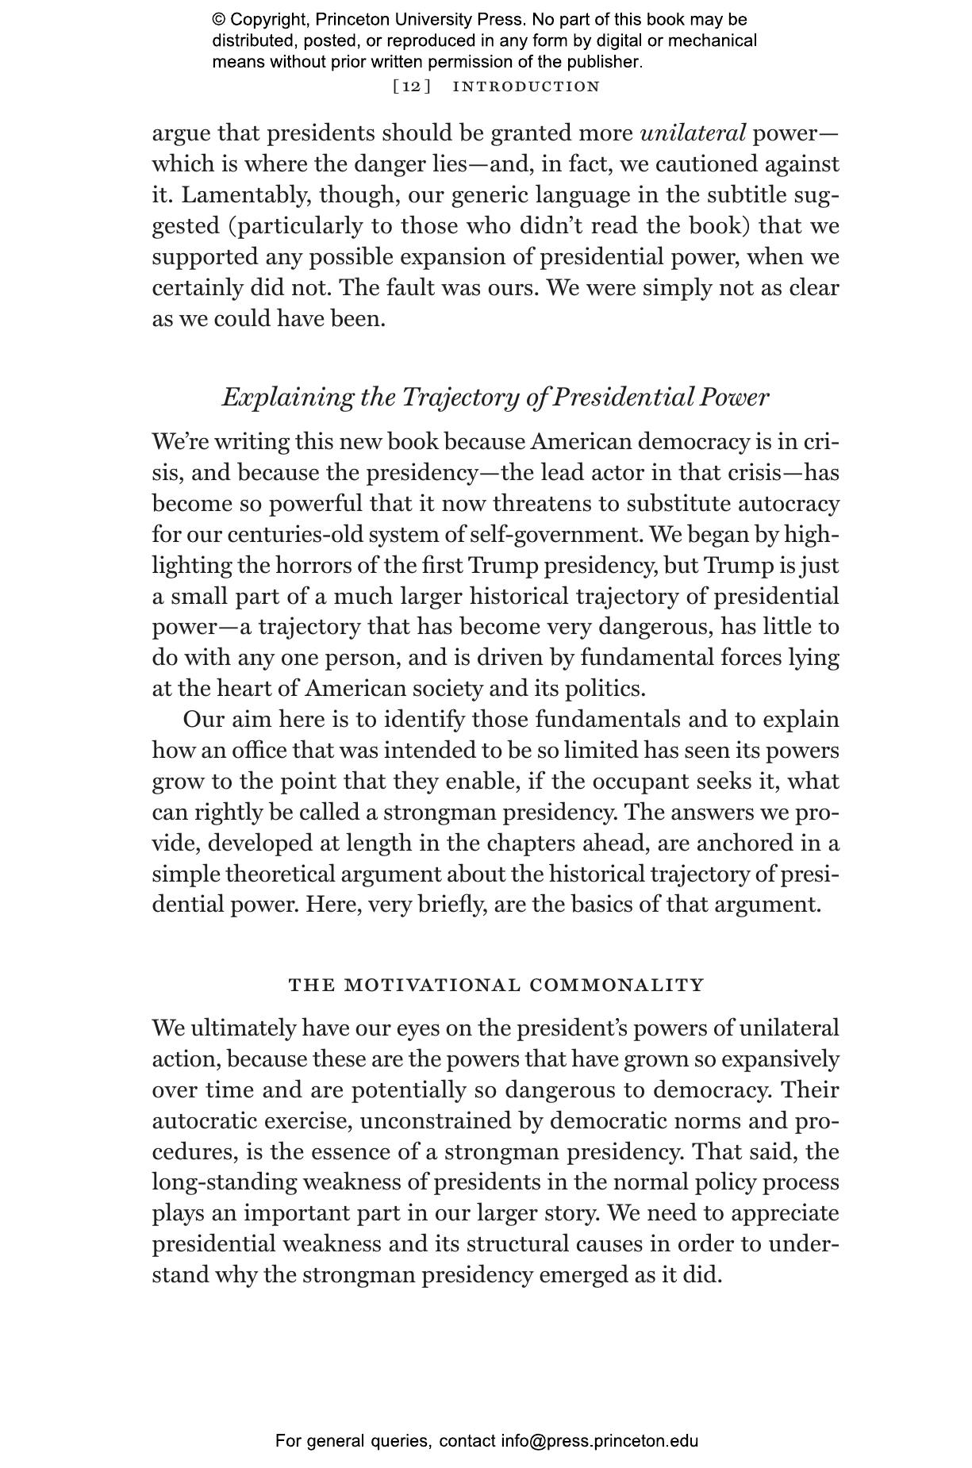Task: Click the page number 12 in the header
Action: point(412,86)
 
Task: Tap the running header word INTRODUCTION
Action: point(526,86)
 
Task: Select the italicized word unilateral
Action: point(693,133)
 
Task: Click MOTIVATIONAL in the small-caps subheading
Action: point(433,986)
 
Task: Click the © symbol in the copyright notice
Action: point(218,20)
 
